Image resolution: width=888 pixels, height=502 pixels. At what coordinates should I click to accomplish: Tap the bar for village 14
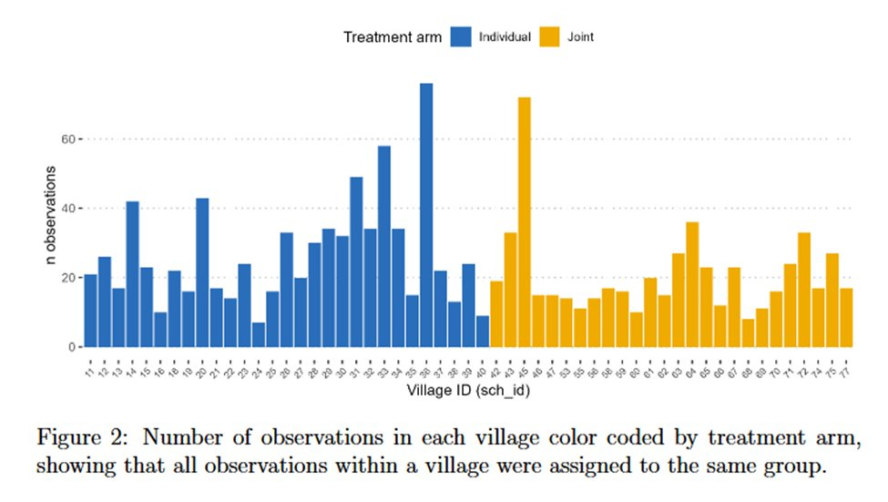coord(132,273)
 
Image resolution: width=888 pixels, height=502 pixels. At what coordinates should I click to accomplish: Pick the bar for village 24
coord(259,334)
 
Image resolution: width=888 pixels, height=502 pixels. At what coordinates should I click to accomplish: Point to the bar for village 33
coord(384,246)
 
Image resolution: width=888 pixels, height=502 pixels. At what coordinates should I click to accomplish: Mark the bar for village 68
coord(748,333)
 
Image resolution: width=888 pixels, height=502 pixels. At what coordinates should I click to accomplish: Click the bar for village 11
coord(90,310)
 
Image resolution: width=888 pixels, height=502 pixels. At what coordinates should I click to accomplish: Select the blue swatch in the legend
coord(461,37)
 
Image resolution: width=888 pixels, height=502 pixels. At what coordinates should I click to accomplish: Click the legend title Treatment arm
coord(393,37)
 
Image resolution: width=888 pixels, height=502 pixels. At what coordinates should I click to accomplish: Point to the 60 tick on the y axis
coord(67,138)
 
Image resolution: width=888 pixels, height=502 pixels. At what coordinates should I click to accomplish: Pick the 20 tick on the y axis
coord(67,278)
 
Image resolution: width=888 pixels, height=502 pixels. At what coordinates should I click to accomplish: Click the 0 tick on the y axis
coord(70,347)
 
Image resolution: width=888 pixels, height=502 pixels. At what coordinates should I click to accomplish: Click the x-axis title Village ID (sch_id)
coord(469,391)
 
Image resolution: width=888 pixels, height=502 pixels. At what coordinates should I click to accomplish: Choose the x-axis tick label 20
coord(200,373)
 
